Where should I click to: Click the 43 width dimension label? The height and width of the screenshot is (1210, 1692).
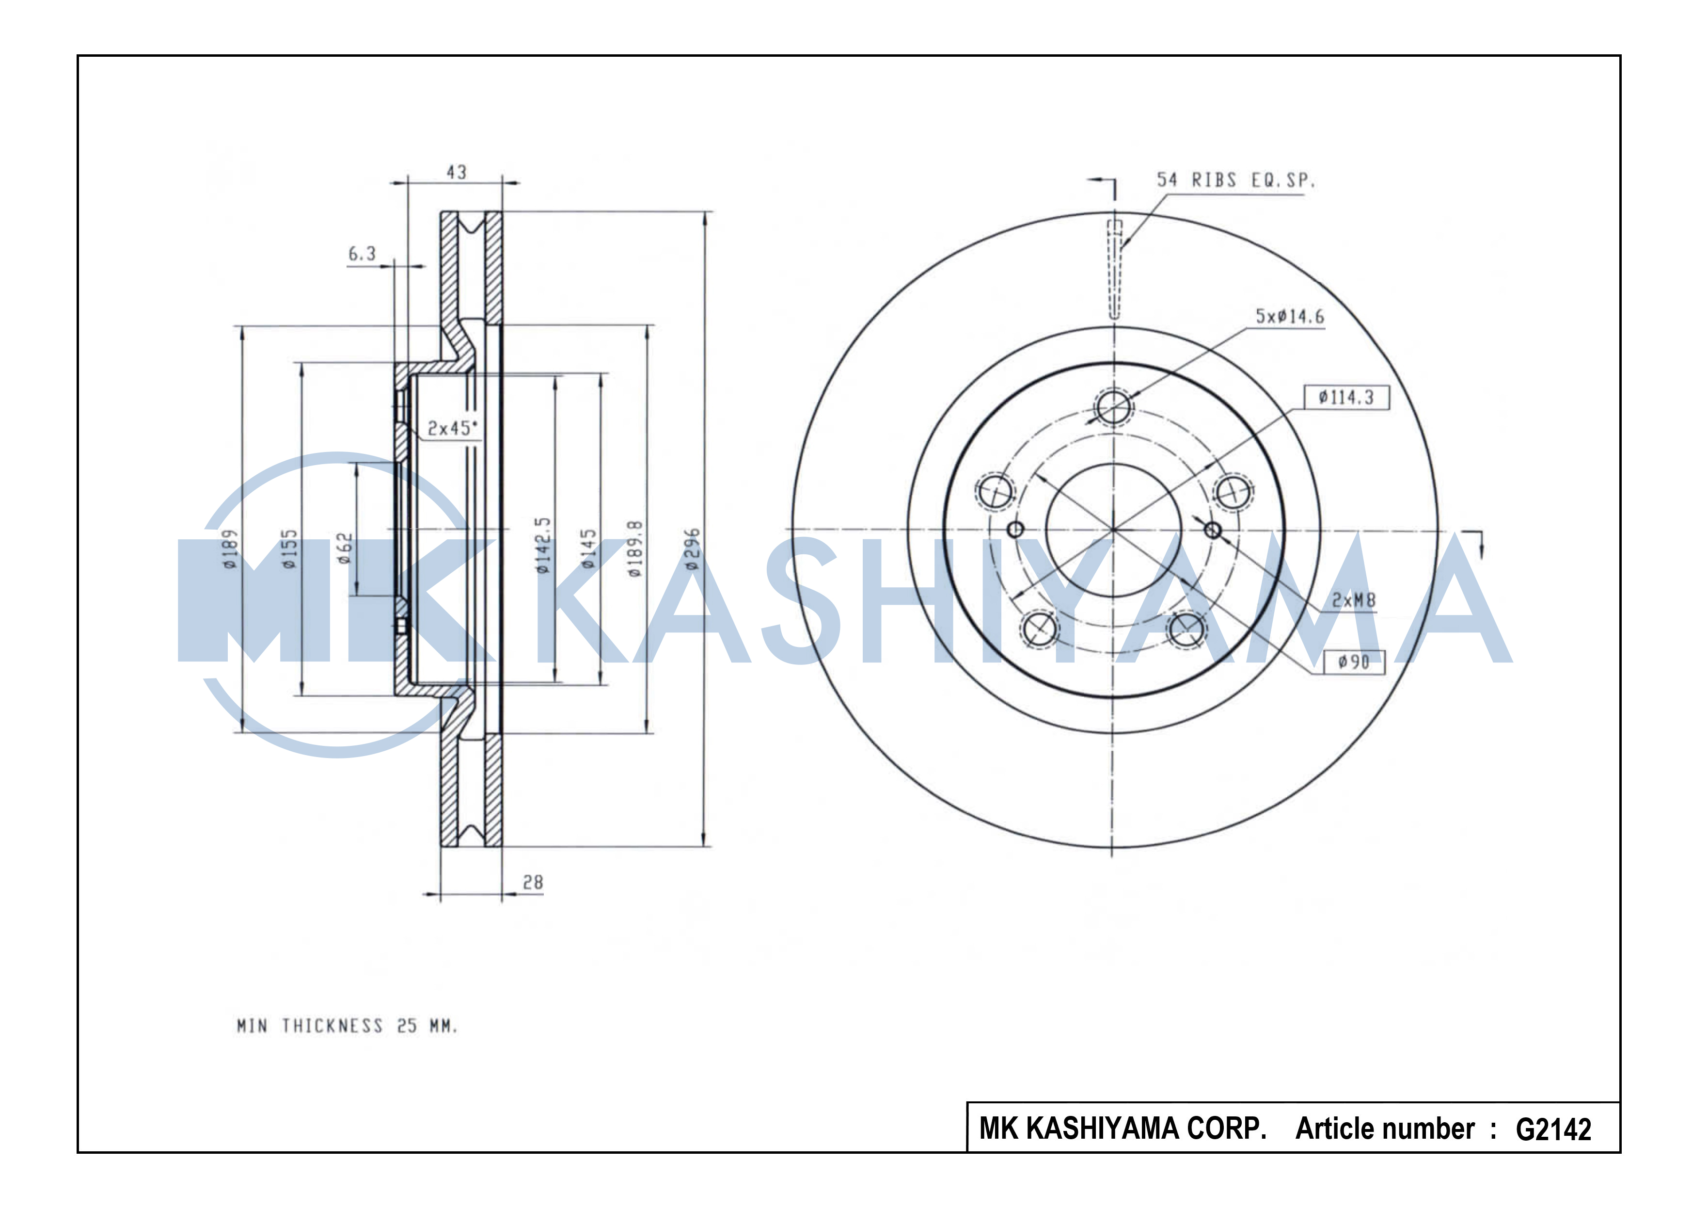(x=457, y=172)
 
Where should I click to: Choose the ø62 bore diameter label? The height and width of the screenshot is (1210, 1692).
(x=345, y=549)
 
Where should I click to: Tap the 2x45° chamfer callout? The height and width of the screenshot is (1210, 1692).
(x=452, y=428)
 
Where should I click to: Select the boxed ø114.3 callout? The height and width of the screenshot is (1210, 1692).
(x=1346, y=397)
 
